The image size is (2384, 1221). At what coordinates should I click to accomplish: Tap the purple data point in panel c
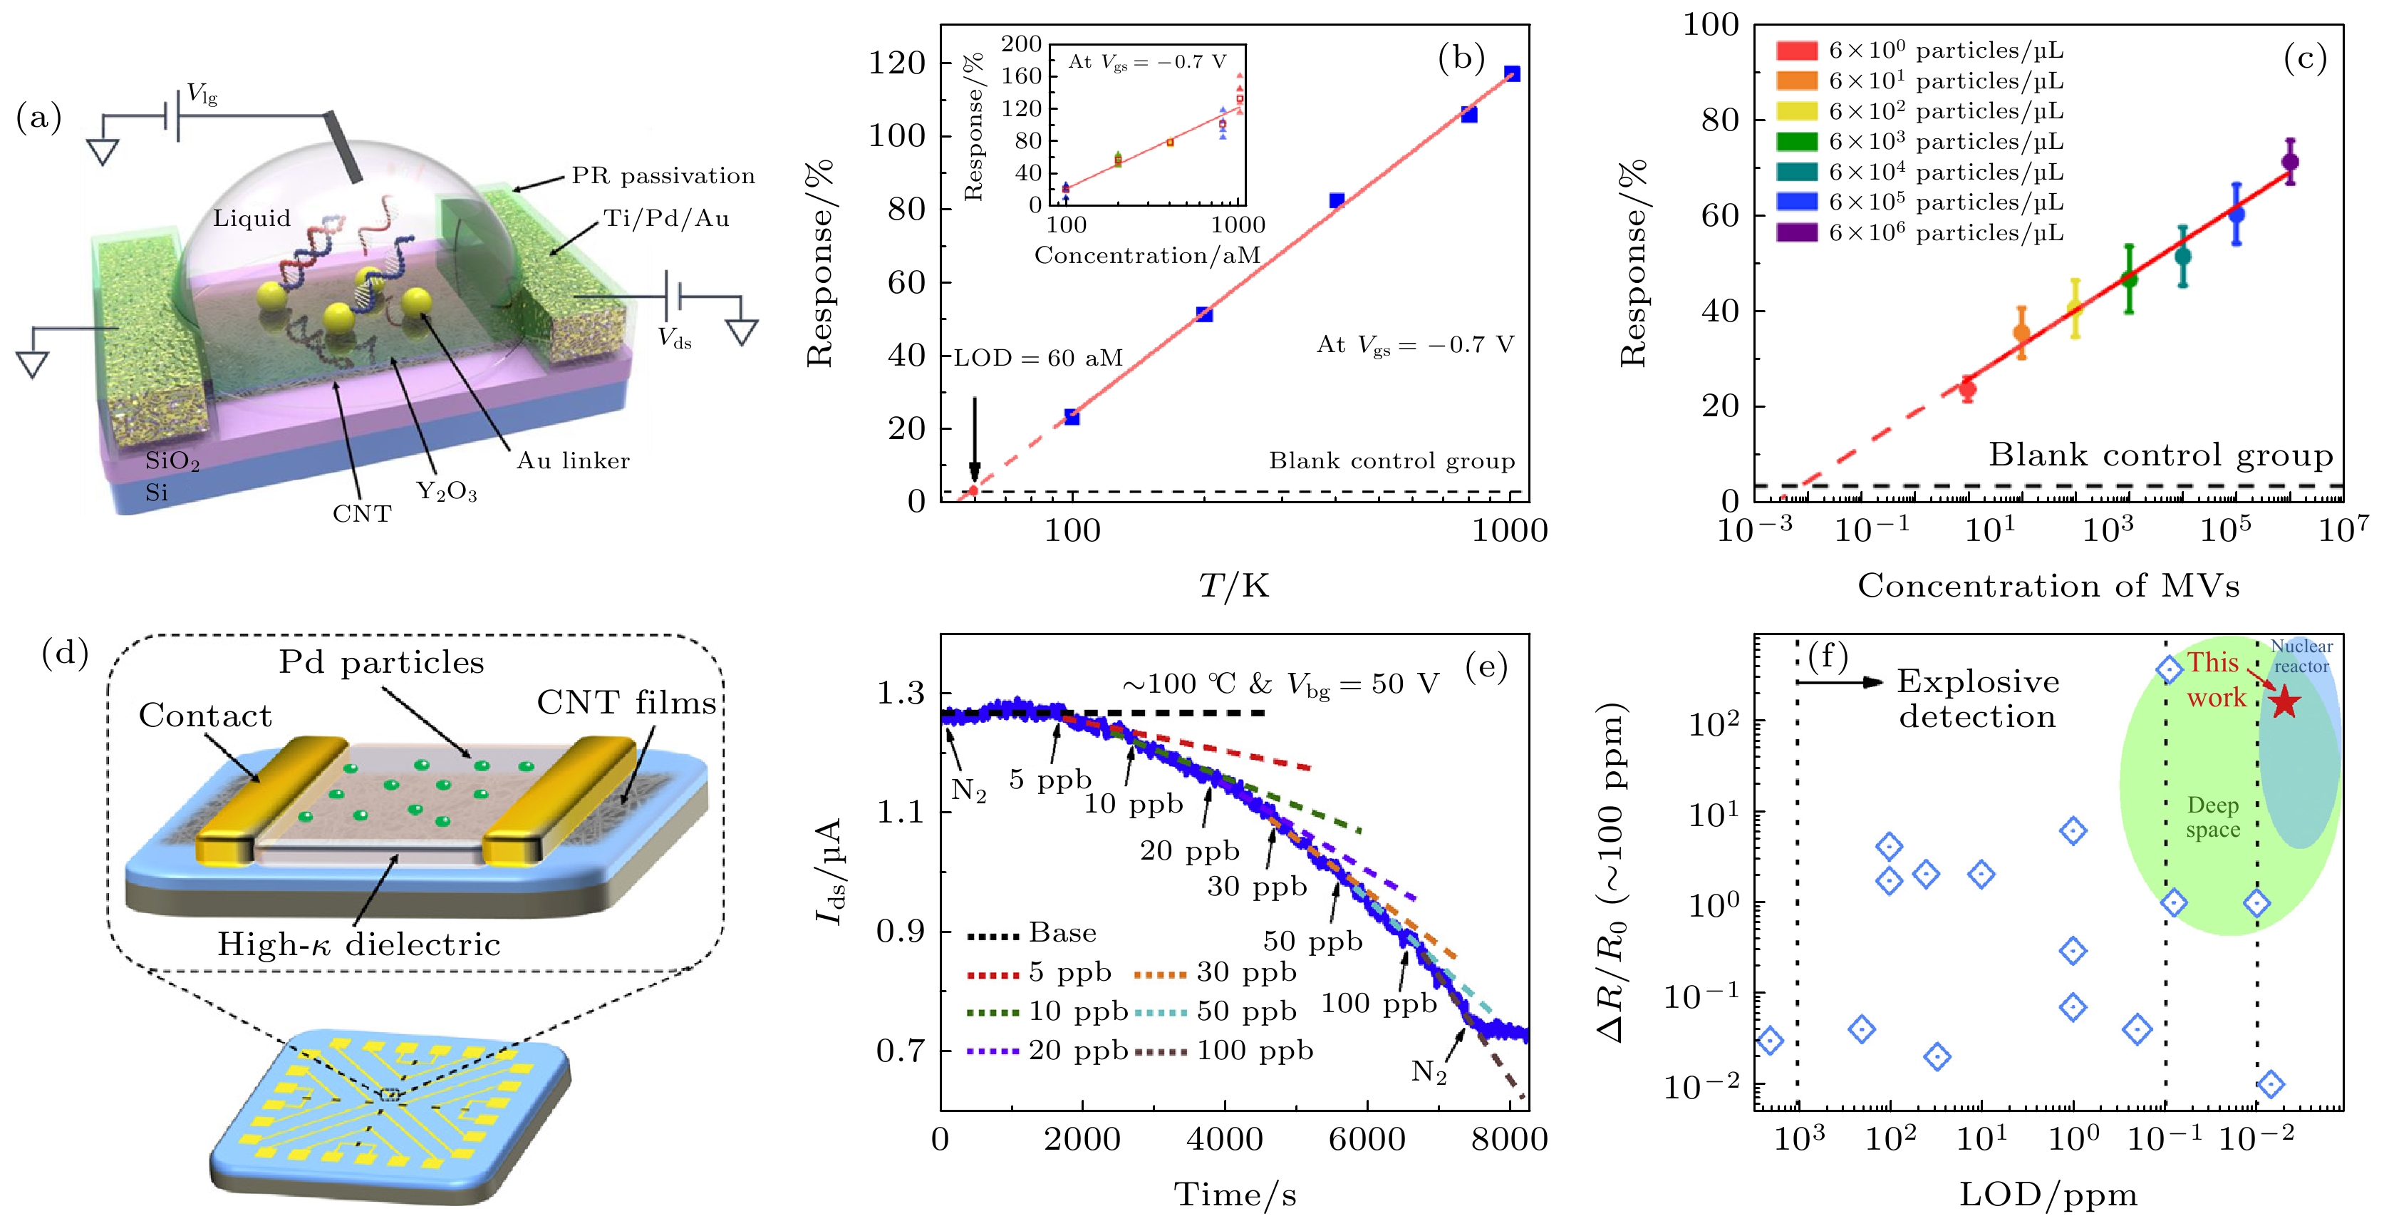(2290, 162)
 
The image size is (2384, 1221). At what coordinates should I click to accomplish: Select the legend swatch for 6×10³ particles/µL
(1796, 142)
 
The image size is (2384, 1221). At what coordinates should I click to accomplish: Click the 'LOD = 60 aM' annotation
(1038, 359)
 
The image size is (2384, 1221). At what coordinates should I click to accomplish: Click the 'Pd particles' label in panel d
(381, 663)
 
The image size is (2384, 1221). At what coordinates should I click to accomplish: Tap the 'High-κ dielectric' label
(359, 944)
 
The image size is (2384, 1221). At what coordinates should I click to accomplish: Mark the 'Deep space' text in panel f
(2213, 818)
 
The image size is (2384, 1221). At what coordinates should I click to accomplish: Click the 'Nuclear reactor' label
(2301, 656)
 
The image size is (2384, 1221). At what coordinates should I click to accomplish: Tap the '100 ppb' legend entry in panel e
(1254, 1051)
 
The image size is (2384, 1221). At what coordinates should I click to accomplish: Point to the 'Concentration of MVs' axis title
(2048, 586)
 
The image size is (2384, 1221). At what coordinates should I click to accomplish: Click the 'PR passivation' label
(663, 176)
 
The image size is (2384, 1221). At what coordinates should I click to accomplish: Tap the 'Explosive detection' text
(1978, 699)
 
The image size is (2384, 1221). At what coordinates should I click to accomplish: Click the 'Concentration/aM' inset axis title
(1148, 255)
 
